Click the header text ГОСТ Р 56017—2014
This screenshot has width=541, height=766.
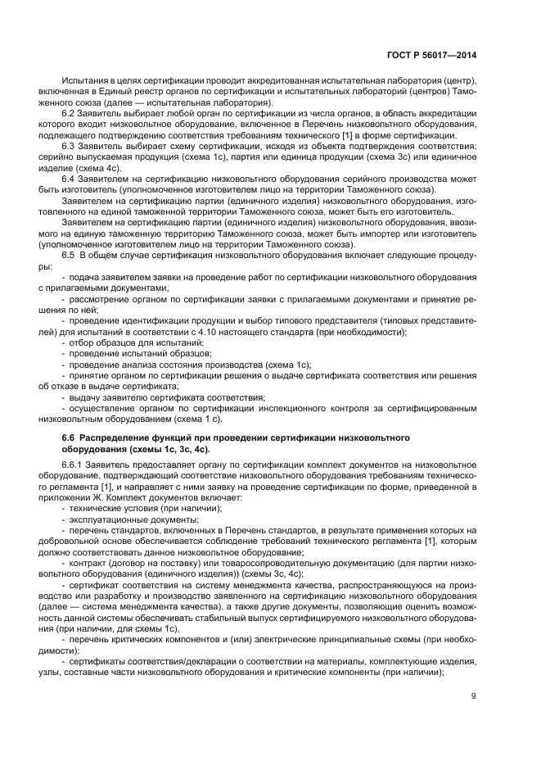[432, 56]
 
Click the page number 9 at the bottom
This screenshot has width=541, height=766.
[474, 697]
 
